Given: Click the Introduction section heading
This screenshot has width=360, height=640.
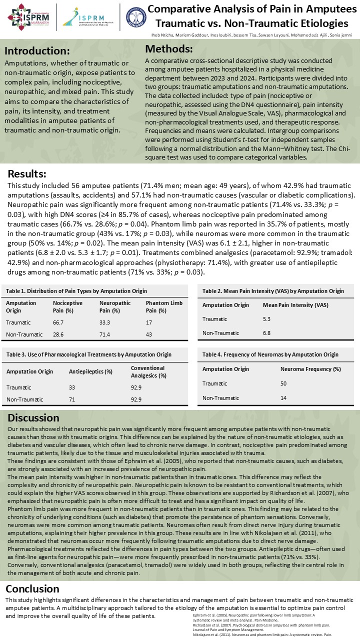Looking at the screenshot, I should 37,51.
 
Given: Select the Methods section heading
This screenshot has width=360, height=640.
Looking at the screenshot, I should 168,49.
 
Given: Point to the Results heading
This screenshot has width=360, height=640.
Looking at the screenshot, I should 27,173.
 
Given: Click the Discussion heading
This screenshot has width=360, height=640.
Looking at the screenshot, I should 33,417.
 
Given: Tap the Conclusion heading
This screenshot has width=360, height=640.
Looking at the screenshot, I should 32,588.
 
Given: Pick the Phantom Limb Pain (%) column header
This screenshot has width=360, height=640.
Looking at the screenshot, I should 164,306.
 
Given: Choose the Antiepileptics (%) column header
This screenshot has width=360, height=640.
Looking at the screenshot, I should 90,371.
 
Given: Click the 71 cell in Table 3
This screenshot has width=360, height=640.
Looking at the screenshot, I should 71,399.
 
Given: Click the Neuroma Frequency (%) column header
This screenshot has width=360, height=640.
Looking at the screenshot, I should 310,369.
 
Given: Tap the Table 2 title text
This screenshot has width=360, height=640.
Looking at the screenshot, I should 273,290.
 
